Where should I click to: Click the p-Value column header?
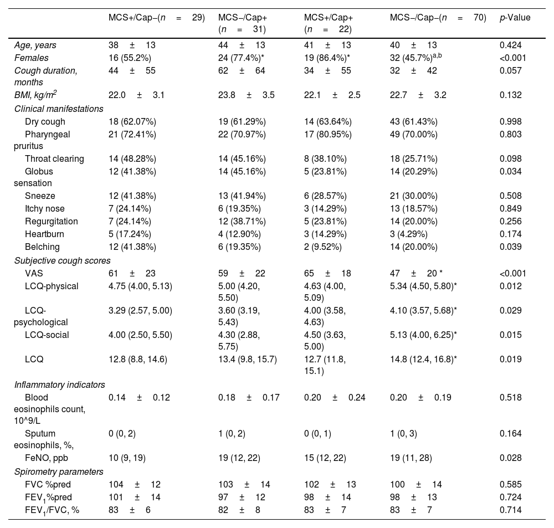[x=515, y=18]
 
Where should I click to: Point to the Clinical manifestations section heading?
[x=59, y=109]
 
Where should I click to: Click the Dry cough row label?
[x=45, y=121]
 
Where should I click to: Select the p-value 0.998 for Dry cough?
[x=510, y=121]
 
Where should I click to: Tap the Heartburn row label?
[x=43, y=234]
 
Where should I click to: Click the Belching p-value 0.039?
[x=510, y=247]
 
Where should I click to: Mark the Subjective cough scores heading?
[x=62, y=260]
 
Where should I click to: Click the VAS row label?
[x=33, y=273]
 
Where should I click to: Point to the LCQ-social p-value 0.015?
[x=510, y=335]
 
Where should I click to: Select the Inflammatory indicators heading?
[x=60, y=385]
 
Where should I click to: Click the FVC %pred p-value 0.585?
[x=510, y=485]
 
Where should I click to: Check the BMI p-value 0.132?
[x=510, y=95]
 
